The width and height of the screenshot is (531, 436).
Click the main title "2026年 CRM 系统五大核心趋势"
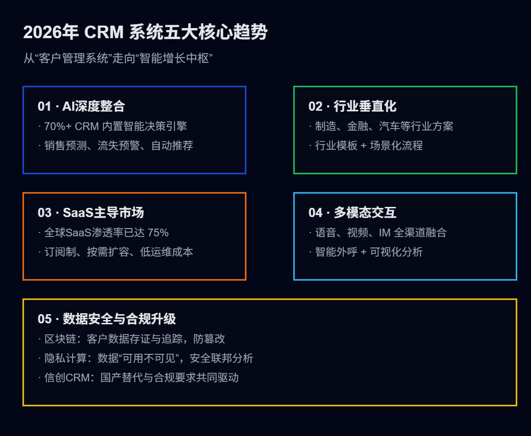pos(145,33)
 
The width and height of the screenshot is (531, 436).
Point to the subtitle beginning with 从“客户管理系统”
pos(118,58)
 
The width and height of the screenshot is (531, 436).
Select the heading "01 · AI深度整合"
pos(81,106)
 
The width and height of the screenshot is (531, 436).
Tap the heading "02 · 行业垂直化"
pos(352,106)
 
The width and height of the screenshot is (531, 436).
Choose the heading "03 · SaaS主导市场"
pos(90,213)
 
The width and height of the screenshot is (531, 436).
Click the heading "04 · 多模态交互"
pos(352,213)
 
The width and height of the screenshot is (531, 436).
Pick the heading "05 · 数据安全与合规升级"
pos(106,319)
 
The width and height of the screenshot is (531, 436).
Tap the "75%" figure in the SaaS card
pos(158,233)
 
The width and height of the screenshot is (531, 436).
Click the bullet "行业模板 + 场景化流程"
pos(369,145)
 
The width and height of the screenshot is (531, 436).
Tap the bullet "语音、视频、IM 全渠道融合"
pos(381,233)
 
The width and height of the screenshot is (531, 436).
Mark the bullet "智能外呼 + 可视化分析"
pos(369,252)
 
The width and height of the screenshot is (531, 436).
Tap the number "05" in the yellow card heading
pos(44,319)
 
